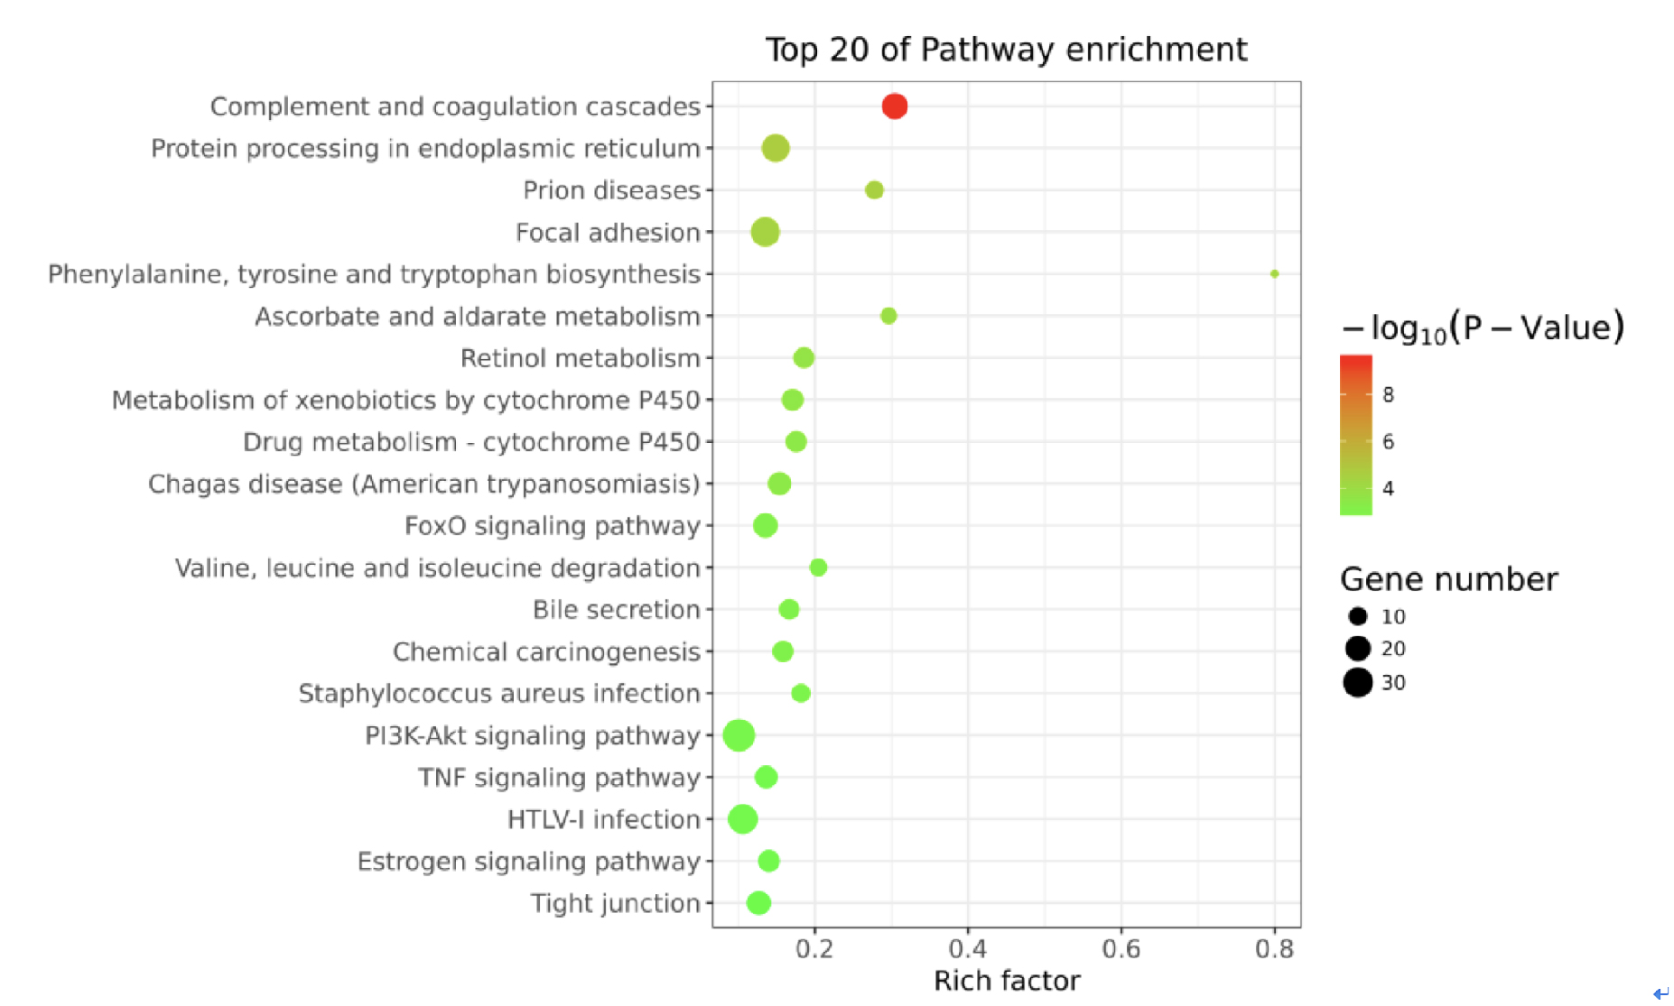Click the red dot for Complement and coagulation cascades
tap(894, 106)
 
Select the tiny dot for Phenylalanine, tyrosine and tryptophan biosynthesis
tap(1274, 273)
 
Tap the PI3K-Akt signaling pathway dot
tap(739, 735)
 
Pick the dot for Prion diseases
tap(874, 190)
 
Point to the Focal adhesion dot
tap(765, 232)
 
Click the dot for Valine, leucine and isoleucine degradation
tap(818, 568)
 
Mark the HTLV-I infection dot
tap(742, 819)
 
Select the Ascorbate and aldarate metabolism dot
tap(888, 316)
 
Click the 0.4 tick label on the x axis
tap(967, 949)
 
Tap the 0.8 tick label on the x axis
tap(1274, 949)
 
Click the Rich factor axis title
tap(1007, 981)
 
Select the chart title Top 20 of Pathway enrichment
tap(1006, 50)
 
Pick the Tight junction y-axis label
tap(615, 903)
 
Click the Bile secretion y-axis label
tap(616, 610)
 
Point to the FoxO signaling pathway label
tap(552, 526)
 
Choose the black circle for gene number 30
tap(1357, 683)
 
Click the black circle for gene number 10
tap(1357, 616)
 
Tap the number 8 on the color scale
tap(1388, 394)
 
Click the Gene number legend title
tap(1448, 579)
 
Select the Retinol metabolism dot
tap(803, 358)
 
